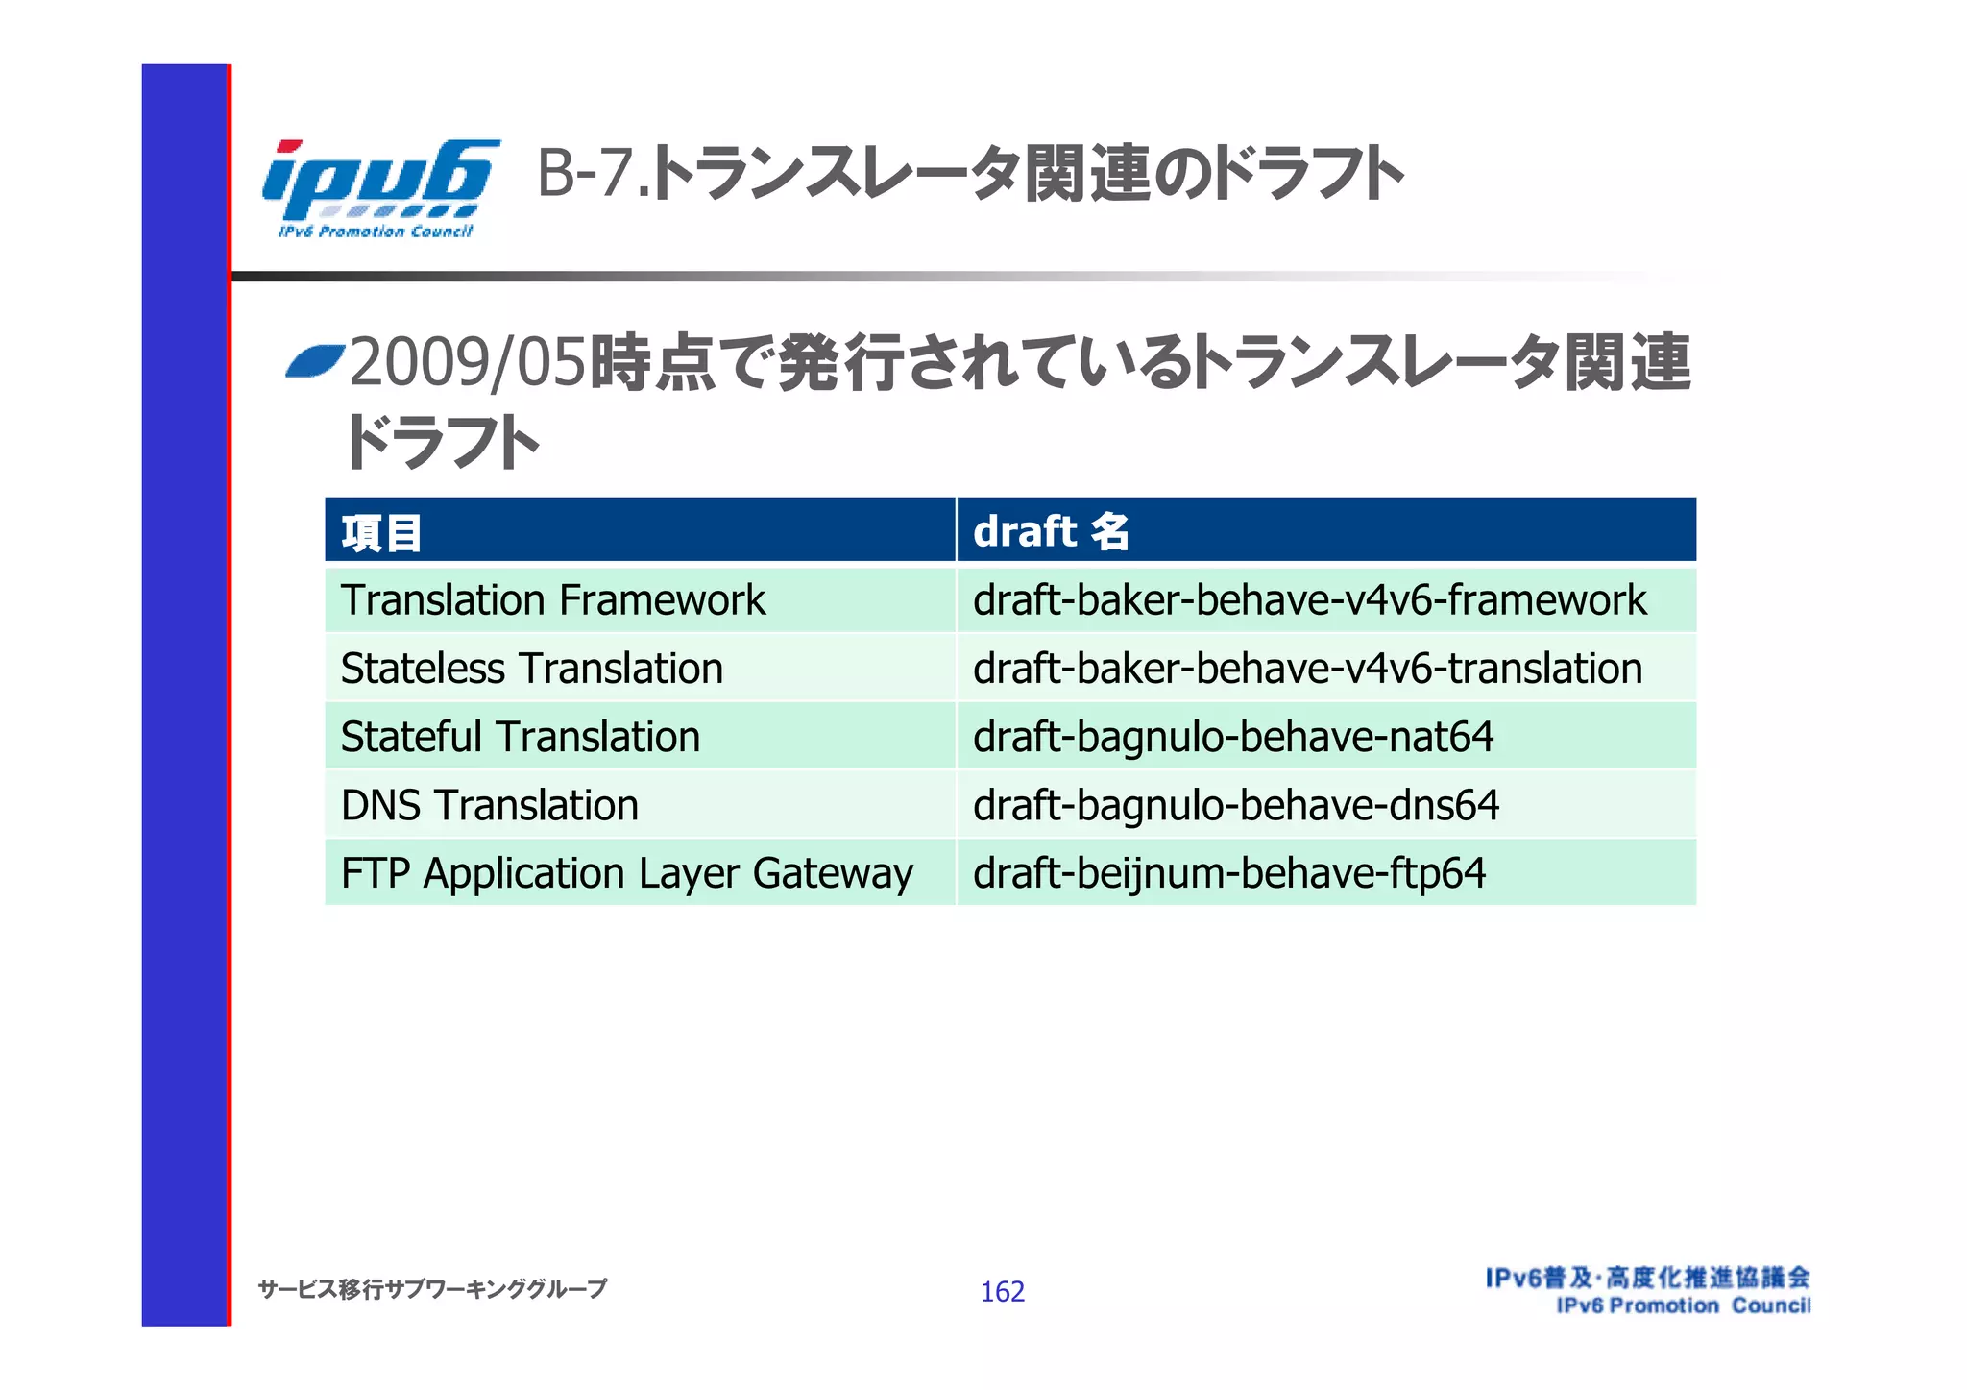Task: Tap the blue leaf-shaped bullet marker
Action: [x=315, y=362]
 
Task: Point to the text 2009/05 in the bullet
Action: [x=468, y=364]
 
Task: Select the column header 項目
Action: [x=381, y=532]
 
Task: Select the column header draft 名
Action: [x=1051, y=531]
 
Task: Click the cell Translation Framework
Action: [x=553, y=600]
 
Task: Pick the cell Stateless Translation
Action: [x=531, y=669]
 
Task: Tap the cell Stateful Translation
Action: [x=520, y=737]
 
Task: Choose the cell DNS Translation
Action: [x=489, y=805]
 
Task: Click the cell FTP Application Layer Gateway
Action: [x=626, y=873]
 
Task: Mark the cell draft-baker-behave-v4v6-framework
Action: [x=1309, y=600]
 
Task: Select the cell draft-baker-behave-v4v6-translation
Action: [x=1307, y=669]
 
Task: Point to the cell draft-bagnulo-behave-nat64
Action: [x=1233, y=737]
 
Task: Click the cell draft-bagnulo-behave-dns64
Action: [x=1236, y=805]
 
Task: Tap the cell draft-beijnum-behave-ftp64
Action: [x=1229, y=873]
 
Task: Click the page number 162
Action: [x=1002, y=1291]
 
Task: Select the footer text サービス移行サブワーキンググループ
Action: [x=432, y=1289]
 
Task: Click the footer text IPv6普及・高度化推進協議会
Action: [x=1647, y=1278]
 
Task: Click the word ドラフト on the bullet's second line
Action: [x=442, y=443]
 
